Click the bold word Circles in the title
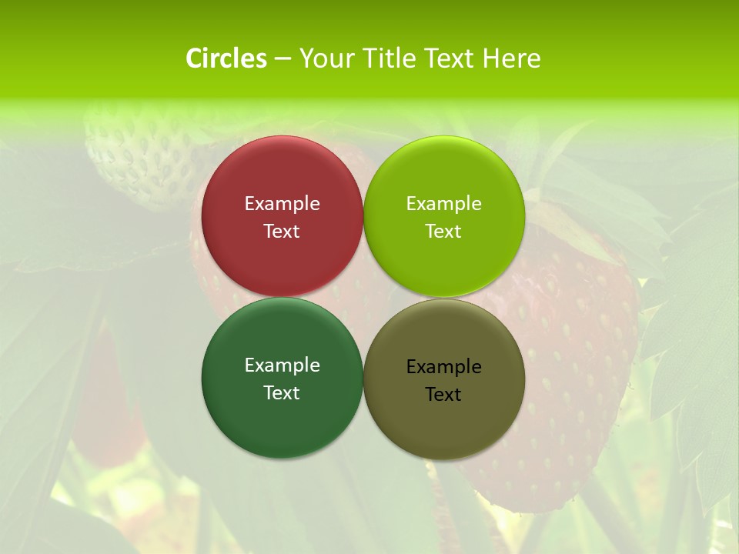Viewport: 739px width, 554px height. pyautogui.click(x=226, y=58)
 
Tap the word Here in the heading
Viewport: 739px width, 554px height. pyautogui.click(x=511, y=58)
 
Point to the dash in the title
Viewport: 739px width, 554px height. pyautogui.click(x=283, y=59)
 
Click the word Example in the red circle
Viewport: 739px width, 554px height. pyautogui.click(x=282, y=204)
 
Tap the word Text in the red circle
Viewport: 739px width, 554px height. pyautogui.click(x=282, y=231)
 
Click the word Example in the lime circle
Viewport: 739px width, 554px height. pyautogui.click(x=443, y=204)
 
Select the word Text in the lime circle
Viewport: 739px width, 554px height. pyautogui.click(x=443, y=231)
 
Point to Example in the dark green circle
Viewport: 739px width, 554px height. pyautogui.click(x=282, y=365)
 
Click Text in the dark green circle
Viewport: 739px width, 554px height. pyautogui.click(x=282, y=392)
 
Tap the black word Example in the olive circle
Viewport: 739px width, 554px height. pyautogui.click(x=443, y=367)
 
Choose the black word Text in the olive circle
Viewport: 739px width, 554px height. pyautogui.click(x=443, y=394)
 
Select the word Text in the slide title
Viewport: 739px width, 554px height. pyautogui.click(x=450, y=58)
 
